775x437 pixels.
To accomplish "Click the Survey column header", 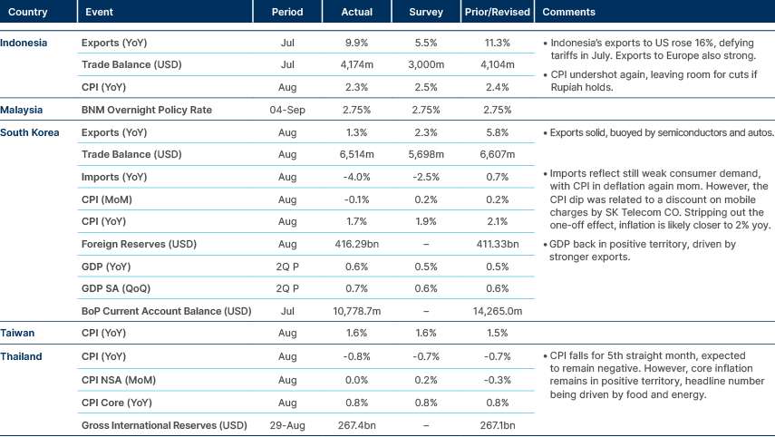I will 426,13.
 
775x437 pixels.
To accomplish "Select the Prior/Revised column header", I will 495,13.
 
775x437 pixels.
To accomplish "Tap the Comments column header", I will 568,13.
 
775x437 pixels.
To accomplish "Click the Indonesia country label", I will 24,43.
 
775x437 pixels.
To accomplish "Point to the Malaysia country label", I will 22,110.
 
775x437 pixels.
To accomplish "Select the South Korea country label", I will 30,132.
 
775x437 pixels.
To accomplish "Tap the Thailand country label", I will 21,356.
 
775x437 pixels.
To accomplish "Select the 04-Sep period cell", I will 287,110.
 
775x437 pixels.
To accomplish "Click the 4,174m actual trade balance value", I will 357,65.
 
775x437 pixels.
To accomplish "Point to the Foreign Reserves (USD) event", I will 137,244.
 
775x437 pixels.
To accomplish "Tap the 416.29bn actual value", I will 357,244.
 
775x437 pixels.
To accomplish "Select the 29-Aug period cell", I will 287,423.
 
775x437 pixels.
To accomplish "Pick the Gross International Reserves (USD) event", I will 164,423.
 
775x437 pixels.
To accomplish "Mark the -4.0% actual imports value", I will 357,177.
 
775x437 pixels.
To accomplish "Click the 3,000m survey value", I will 426,65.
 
